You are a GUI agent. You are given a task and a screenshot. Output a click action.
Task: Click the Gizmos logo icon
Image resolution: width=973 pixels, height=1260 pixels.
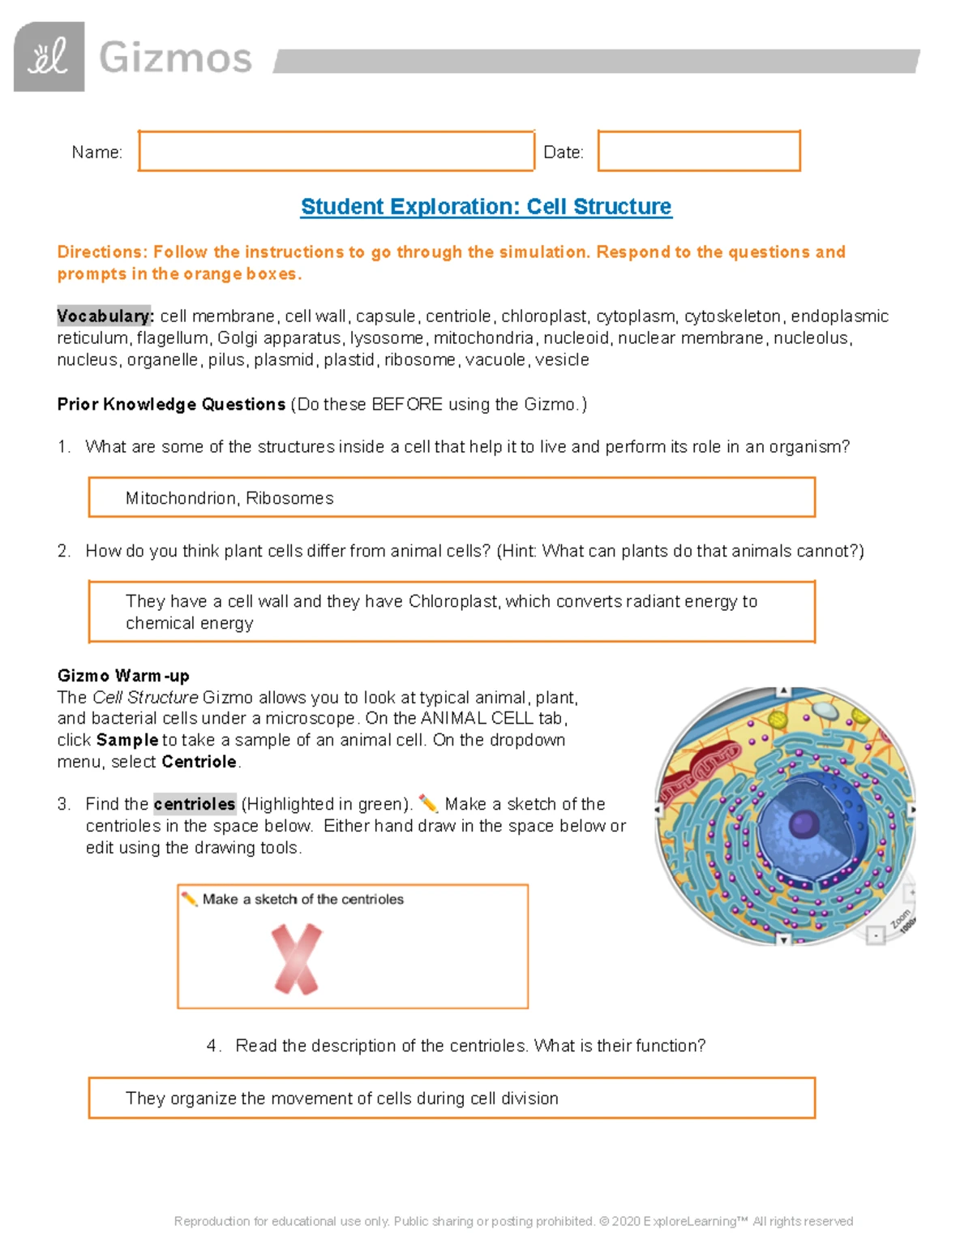49,57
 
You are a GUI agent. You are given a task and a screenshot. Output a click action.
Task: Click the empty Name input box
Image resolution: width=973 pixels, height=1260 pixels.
336,151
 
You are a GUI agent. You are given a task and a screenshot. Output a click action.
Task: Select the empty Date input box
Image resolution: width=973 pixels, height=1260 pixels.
699,151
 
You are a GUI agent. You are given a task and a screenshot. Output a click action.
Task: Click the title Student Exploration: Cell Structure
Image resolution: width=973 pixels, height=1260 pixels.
486,207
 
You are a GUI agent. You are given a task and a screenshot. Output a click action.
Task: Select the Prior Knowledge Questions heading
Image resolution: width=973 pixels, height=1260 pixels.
171,404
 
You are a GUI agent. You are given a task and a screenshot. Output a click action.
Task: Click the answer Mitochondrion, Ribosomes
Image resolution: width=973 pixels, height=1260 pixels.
229,498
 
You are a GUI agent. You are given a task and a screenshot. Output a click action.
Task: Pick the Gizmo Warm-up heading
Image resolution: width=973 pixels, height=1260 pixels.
123,676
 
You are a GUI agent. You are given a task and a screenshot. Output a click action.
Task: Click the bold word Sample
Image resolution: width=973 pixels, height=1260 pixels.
127,740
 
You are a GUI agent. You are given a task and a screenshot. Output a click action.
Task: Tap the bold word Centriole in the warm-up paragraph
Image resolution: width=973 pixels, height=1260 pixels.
199,762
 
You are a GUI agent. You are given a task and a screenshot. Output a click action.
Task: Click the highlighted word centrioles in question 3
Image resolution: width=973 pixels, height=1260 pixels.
195,804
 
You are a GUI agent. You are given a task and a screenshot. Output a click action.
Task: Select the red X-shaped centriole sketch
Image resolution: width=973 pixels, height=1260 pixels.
297,959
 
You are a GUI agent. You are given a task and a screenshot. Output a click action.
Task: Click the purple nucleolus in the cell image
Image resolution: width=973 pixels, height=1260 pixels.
802,824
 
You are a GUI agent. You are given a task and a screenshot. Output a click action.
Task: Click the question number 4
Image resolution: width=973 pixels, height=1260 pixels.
212,1046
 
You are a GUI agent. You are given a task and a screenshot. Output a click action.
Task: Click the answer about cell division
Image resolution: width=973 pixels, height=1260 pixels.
341,1099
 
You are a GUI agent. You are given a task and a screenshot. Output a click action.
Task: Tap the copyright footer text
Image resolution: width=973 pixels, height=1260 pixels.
513,1221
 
